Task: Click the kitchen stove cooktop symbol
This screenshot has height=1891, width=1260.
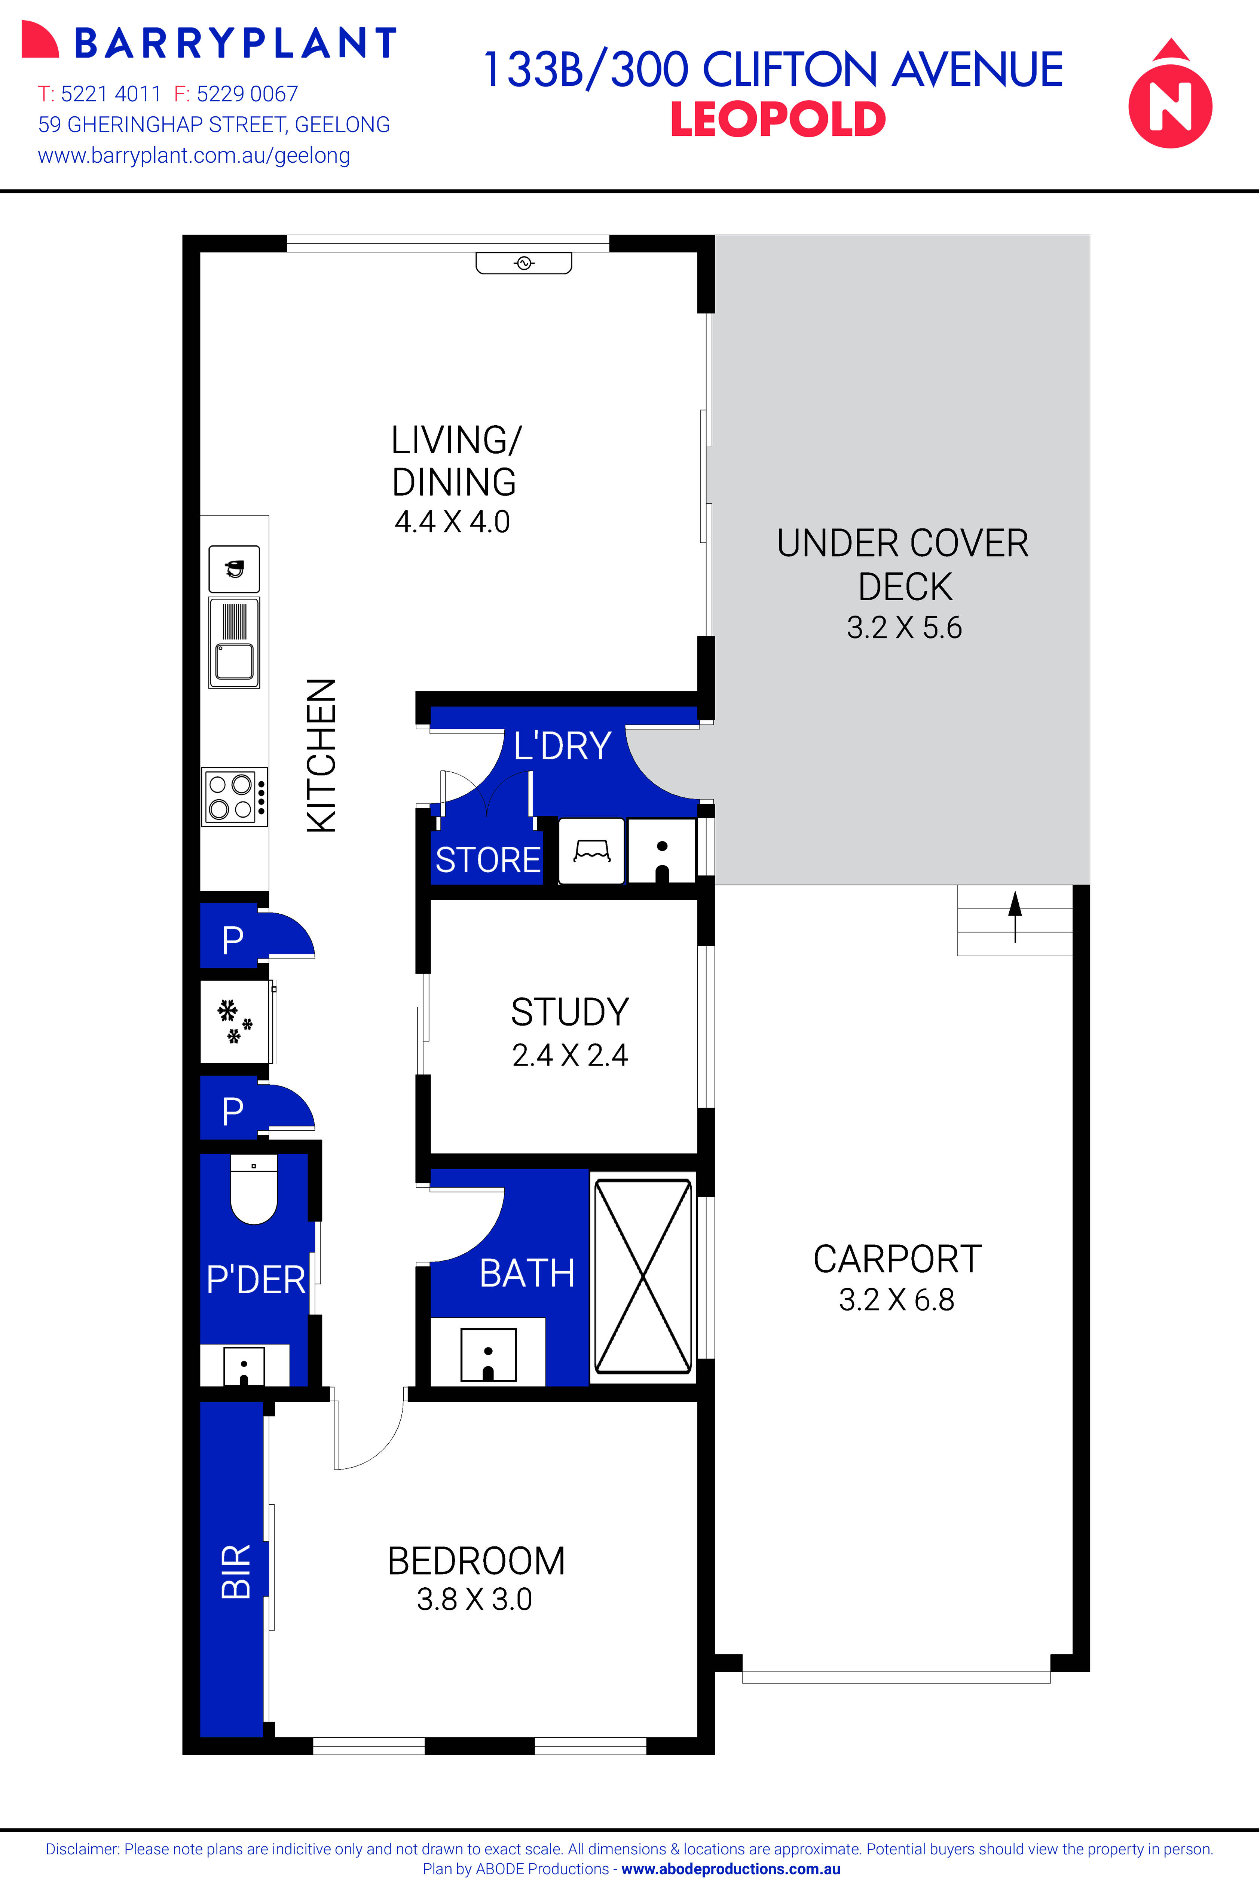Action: pos(234,796)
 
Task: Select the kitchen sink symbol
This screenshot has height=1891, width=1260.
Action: pos(234,643)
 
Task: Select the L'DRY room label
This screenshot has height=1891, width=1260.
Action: pos(563,746)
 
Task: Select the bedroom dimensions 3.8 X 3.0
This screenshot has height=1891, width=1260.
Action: pos(474,1599)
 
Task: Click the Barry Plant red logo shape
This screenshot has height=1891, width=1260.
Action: pos(39,40)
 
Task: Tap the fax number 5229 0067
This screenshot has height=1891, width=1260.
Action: pos(247,94)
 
